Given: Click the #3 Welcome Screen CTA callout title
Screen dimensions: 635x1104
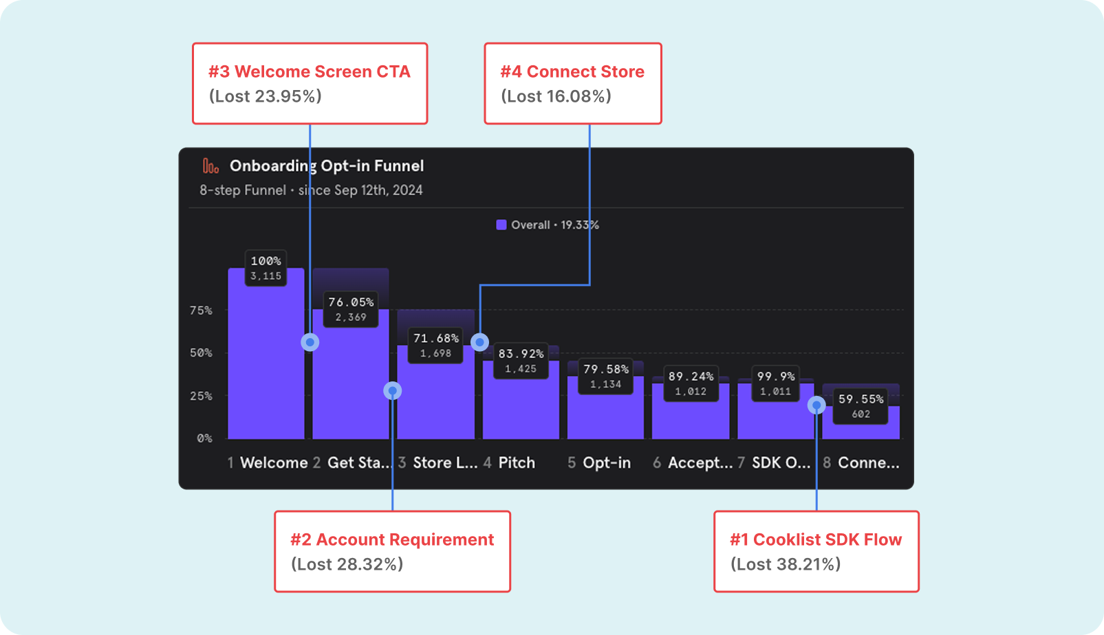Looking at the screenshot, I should coord(309,71).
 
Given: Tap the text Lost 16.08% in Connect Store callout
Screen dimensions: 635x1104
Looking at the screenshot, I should coord(556,96).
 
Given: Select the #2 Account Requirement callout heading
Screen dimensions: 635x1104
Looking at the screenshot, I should coord(391,539).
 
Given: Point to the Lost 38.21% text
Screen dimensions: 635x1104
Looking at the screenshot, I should coord(786,564).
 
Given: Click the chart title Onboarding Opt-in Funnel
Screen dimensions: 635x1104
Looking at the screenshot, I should coord(326,166).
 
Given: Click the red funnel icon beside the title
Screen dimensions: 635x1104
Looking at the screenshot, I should coord(210,166).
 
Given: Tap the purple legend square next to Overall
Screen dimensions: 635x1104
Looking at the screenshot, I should coord(501,225).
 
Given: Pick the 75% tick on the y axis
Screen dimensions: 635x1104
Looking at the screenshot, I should coord(201,311).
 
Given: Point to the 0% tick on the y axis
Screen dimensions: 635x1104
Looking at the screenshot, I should coord(204,438).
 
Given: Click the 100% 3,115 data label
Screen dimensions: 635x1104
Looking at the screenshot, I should coord(266,268).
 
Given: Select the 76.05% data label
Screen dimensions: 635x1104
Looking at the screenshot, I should coord(351,309).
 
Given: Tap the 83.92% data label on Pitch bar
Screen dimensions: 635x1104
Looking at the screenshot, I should coord(521,360).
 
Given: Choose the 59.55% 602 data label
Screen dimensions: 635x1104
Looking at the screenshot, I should coord(861,405).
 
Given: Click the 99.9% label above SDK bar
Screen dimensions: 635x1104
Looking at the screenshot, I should coord(775,383).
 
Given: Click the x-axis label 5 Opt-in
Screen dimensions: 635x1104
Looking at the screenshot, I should coord(599,463).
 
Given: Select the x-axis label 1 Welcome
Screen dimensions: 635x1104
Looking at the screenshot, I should coord(268,463).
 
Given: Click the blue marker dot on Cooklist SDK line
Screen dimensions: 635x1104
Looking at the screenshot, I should coord(816,405).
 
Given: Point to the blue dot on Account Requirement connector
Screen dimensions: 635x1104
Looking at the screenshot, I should coord(392,391).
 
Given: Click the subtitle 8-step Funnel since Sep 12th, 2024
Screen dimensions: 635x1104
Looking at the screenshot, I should coord(311,190).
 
